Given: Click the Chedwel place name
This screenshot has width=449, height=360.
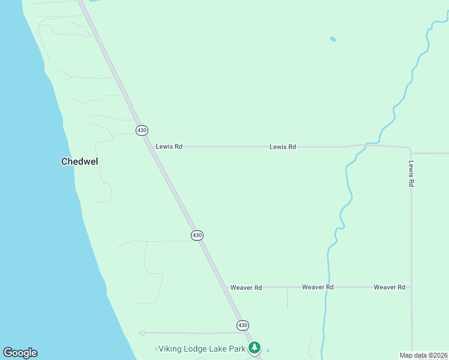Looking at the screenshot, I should [x=79, y=161].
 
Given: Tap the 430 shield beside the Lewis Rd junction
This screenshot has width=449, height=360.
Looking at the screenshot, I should [x=142, y=130].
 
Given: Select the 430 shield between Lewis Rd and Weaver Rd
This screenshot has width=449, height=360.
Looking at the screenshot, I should [x=197, y=235].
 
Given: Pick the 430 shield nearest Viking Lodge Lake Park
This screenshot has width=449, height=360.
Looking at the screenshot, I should [x=242, y=325].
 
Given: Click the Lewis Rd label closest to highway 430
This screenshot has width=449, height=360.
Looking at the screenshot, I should [x=169, y=146].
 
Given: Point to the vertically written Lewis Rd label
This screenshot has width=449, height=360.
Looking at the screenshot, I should [x=411, y=173].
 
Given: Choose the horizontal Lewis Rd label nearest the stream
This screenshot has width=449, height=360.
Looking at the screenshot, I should [x=283, y=146].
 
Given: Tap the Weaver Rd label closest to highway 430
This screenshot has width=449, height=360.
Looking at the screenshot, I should [x=246, y=287].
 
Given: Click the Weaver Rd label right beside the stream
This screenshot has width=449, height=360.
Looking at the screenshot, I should [x=318, y=287].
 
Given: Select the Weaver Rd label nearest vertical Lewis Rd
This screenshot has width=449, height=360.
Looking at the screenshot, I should [x=389, y=287].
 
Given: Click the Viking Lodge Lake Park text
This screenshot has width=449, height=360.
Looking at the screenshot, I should [x=202, y=349].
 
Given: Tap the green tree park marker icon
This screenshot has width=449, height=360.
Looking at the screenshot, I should [x=255, y=347].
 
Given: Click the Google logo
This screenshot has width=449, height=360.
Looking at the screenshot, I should [x=20, y=353].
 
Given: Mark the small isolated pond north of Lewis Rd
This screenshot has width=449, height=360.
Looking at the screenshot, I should [x=333, y=40].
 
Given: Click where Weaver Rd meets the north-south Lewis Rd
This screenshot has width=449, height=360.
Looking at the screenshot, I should [x=411, y=287].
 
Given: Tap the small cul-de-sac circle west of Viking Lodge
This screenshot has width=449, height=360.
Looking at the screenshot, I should [x=142, y=333].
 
